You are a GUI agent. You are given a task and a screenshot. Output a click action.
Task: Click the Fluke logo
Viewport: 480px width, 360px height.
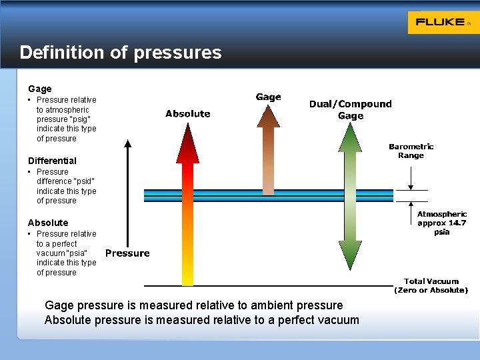[440, 22]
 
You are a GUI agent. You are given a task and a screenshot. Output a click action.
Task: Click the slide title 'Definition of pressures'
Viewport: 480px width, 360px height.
[121, 53]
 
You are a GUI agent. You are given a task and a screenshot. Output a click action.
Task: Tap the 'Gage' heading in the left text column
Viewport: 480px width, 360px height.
[40, 89]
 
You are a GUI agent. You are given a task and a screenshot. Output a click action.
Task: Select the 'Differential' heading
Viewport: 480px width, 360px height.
[52, 161]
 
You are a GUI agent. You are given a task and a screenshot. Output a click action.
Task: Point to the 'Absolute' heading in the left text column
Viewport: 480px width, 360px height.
[48, 223]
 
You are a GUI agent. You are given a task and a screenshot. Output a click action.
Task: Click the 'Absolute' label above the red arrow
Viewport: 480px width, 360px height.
[188, 114]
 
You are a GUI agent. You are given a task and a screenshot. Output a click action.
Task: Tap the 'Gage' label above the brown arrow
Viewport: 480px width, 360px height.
[269, 97]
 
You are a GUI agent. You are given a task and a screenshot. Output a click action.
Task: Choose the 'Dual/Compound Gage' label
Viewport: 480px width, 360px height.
[351, 110]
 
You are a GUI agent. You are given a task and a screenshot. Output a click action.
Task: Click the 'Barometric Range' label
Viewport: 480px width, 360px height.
[411, 151]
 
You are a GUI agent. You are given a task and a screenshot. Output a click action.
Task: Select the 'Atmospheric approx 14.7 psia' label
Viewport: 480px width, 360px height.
[441, 223]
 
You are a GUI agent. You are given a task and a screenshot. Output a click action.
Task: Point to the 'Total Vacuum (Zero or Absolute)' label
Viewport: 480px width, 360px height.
[431, 285]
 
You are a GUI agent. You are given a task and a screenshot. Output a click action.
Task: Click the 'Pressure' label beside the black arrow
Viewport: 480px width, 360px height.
[127, 253]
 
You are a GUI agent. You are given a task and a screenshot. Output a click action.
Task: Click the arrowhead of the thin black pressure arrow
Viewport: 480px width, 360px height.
[129, 143]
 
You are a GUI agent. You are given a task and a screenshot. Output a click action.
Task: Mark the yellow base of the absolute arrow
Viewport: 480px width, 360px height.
[188, 277]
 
